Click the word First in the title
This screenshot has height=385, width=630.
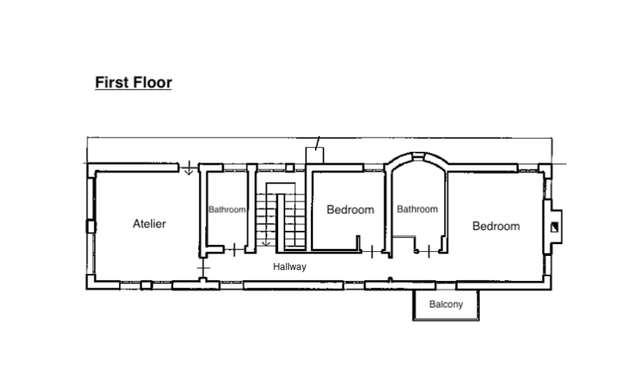tap(112, 83)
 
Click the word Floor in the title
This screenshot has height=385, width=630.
tap(153, 83)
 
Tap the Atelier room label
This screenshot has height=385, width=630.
tap(150, 224)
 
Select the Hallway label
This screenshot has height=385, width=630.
tap(290, 267)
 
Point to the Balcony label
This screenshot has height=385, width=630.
tap(446, 304)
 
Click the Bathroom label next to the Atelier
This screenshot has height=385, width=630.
tap(227, 209)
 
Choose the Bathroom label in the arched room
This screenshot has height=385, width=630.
tap(417, 209)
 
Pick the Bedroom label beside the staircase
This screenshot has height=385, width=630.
tap(350, 209)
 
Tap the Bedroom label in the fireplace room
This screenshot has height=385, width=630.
tap(496, 226)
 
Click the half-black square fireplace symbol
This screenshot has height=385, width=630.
tap(554, 227)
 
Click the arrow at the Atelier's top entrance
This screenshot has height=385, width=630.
tap(188, 168)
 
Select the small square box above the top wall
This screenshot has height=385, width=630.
tap(314, 155)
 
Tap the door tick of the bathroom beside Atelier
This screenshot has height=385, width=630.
tap(234, 250)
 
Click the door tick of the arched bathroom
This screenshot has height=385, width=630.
tap(428, 252)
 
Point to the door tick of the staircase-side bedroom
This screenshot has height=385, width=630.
tap(372, 252)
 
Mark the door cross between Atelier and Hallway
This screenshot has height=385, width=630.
tap(204, 267)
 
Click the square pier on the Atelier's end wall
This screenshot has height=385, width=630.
tap(91, 227)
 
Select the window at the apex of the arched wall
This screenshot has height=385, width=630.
tap(418, 155)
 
